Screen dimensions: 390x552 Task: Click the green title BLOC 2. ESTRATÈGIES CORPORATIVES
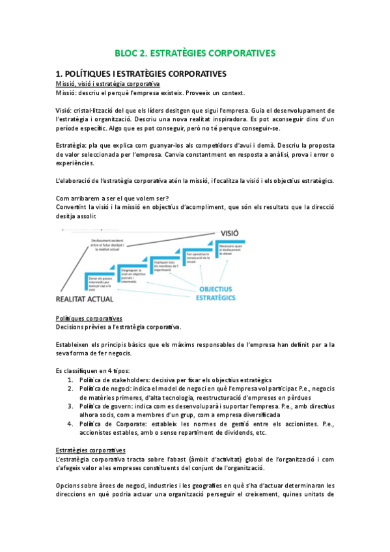click(x=195, y=53)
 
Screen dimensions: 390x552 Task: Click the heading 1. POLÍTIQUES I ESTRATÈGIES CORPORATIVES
click(x=141, y=73)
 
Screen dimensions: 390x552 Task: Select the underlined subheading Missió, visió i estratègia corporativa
click(x=107, y=84)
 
